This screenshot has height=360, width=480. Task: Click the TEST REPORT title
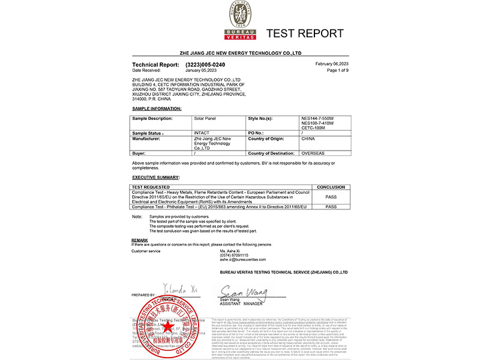click(305, 33)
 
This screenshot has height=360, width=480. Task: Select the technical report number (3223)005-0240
click(205, 64)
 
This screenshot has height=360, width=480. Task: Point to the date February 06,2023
click(332, 64)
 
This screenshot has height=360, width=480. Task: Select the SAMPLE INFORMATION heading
click(156, 109)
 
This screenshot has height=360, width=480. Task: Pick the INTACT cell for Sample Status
click(202, 133)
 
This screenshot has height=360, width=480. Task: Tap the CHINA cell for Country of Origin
click(308, 138)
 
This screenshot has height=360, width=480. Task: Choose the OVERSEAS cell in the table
click(313, 154)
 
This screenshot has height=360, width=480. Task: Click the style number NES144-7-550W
click(317, 118)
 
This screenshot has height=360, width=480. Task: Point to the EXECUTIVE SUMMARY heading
click(155, 178)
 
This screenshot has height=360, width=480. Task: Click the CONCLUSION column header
click(330, 187)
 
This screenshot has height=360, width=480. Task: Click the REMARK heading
click(140, 240)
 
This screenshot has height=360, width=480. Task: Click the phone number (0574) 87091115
click(233, 255)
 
